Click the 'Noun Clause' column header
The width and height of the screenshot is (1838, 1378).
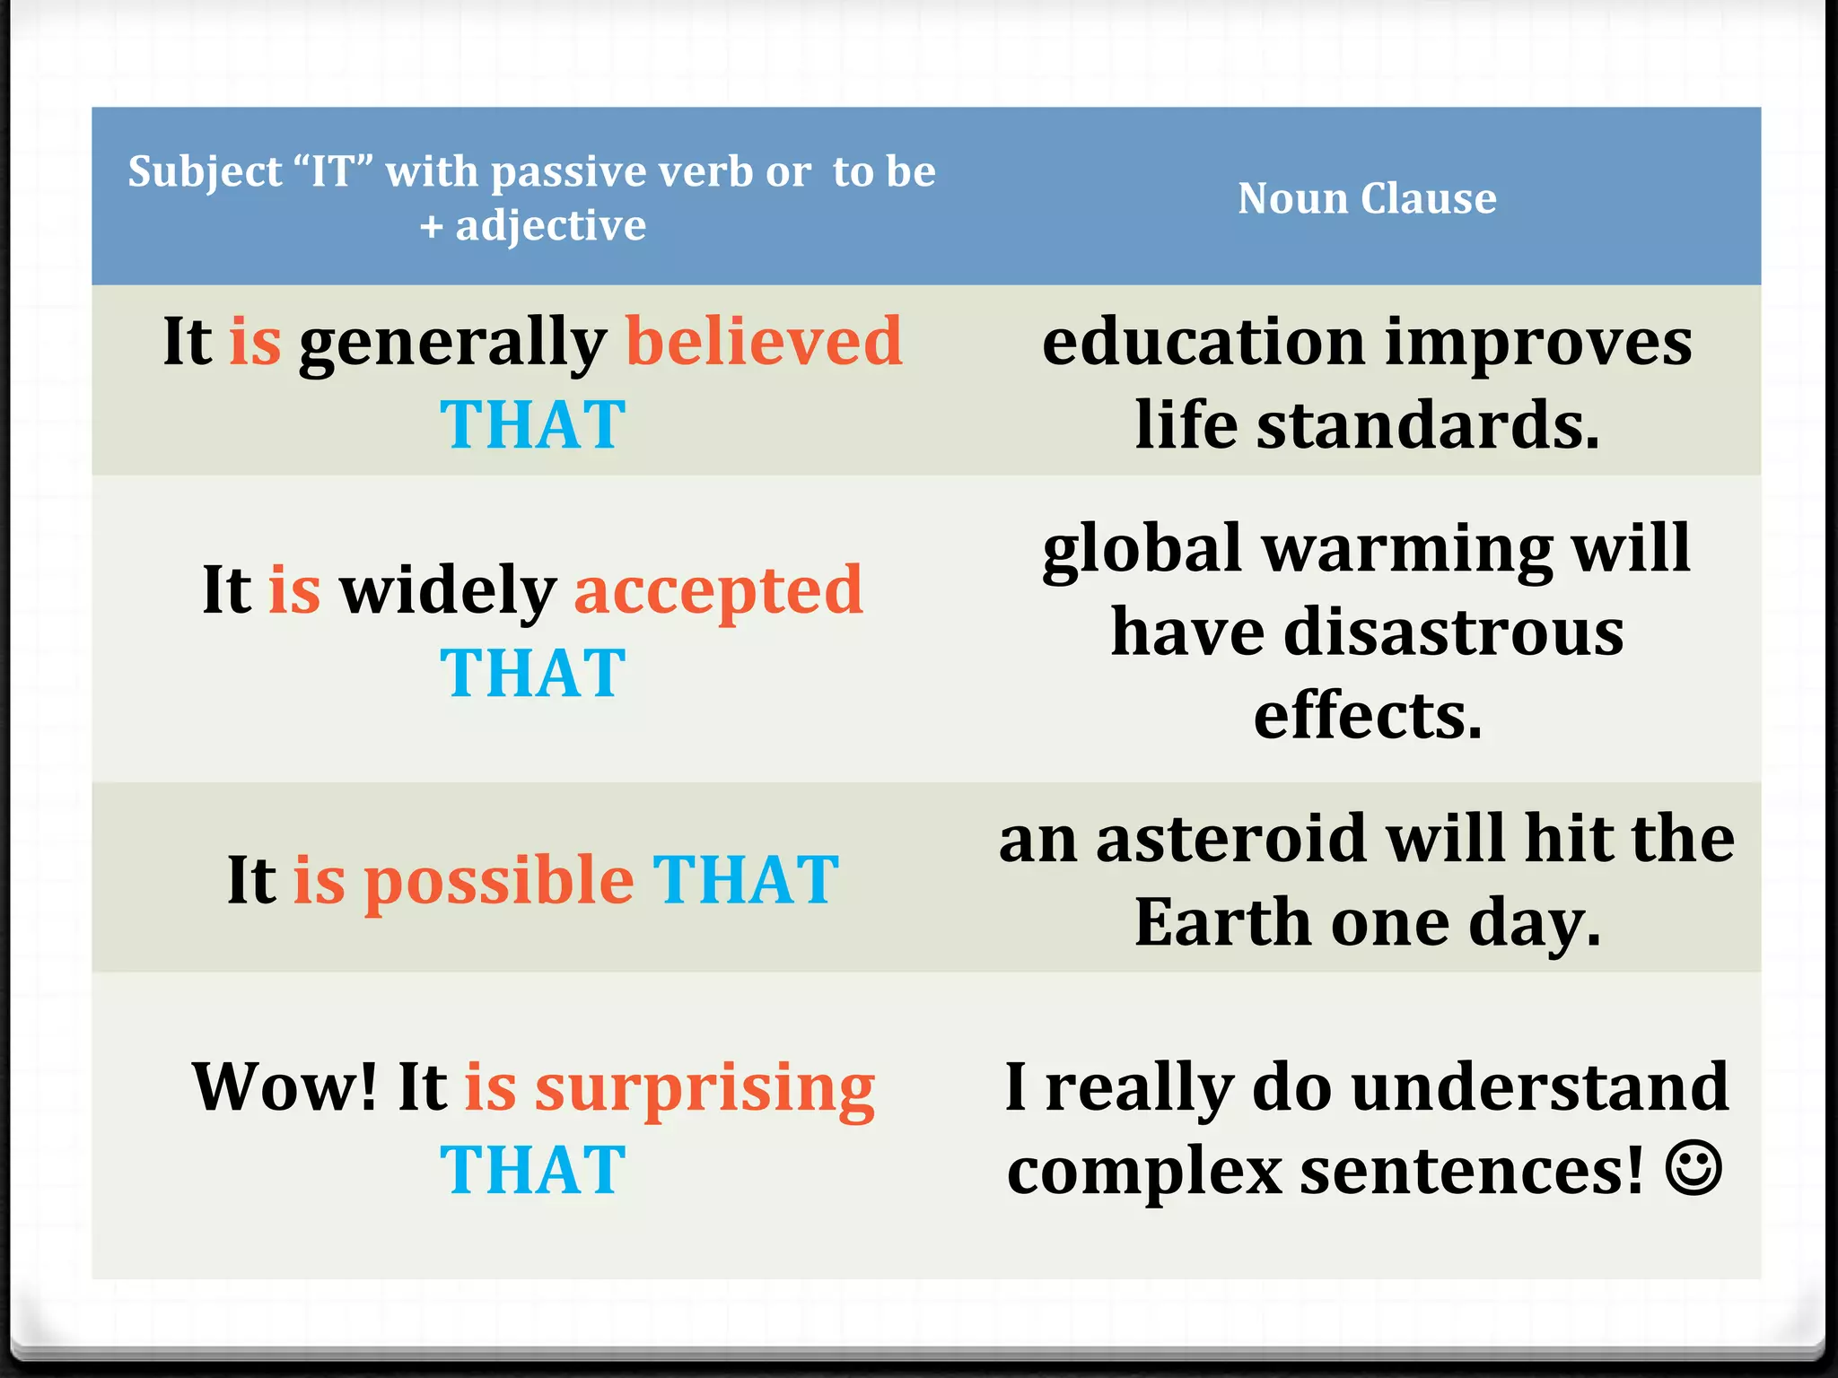click(1367, 198)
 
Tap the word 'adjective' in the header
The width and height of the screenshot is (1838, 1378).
click(550, 226)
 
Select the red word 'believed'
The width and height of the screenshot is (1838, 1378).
click(764, 342)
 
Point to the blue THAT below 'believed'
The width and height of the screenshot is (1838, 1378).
click(533, 424)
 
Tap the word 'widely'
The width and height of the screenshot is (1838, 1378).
click(448, 592)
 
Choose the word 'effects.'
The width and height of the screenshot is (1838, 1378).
click(1368, 716)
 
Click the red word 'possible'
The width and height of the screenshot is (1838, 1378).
click(499, 881)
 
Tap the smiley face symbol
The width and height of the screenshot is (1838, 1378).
click(1694, 1168)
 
